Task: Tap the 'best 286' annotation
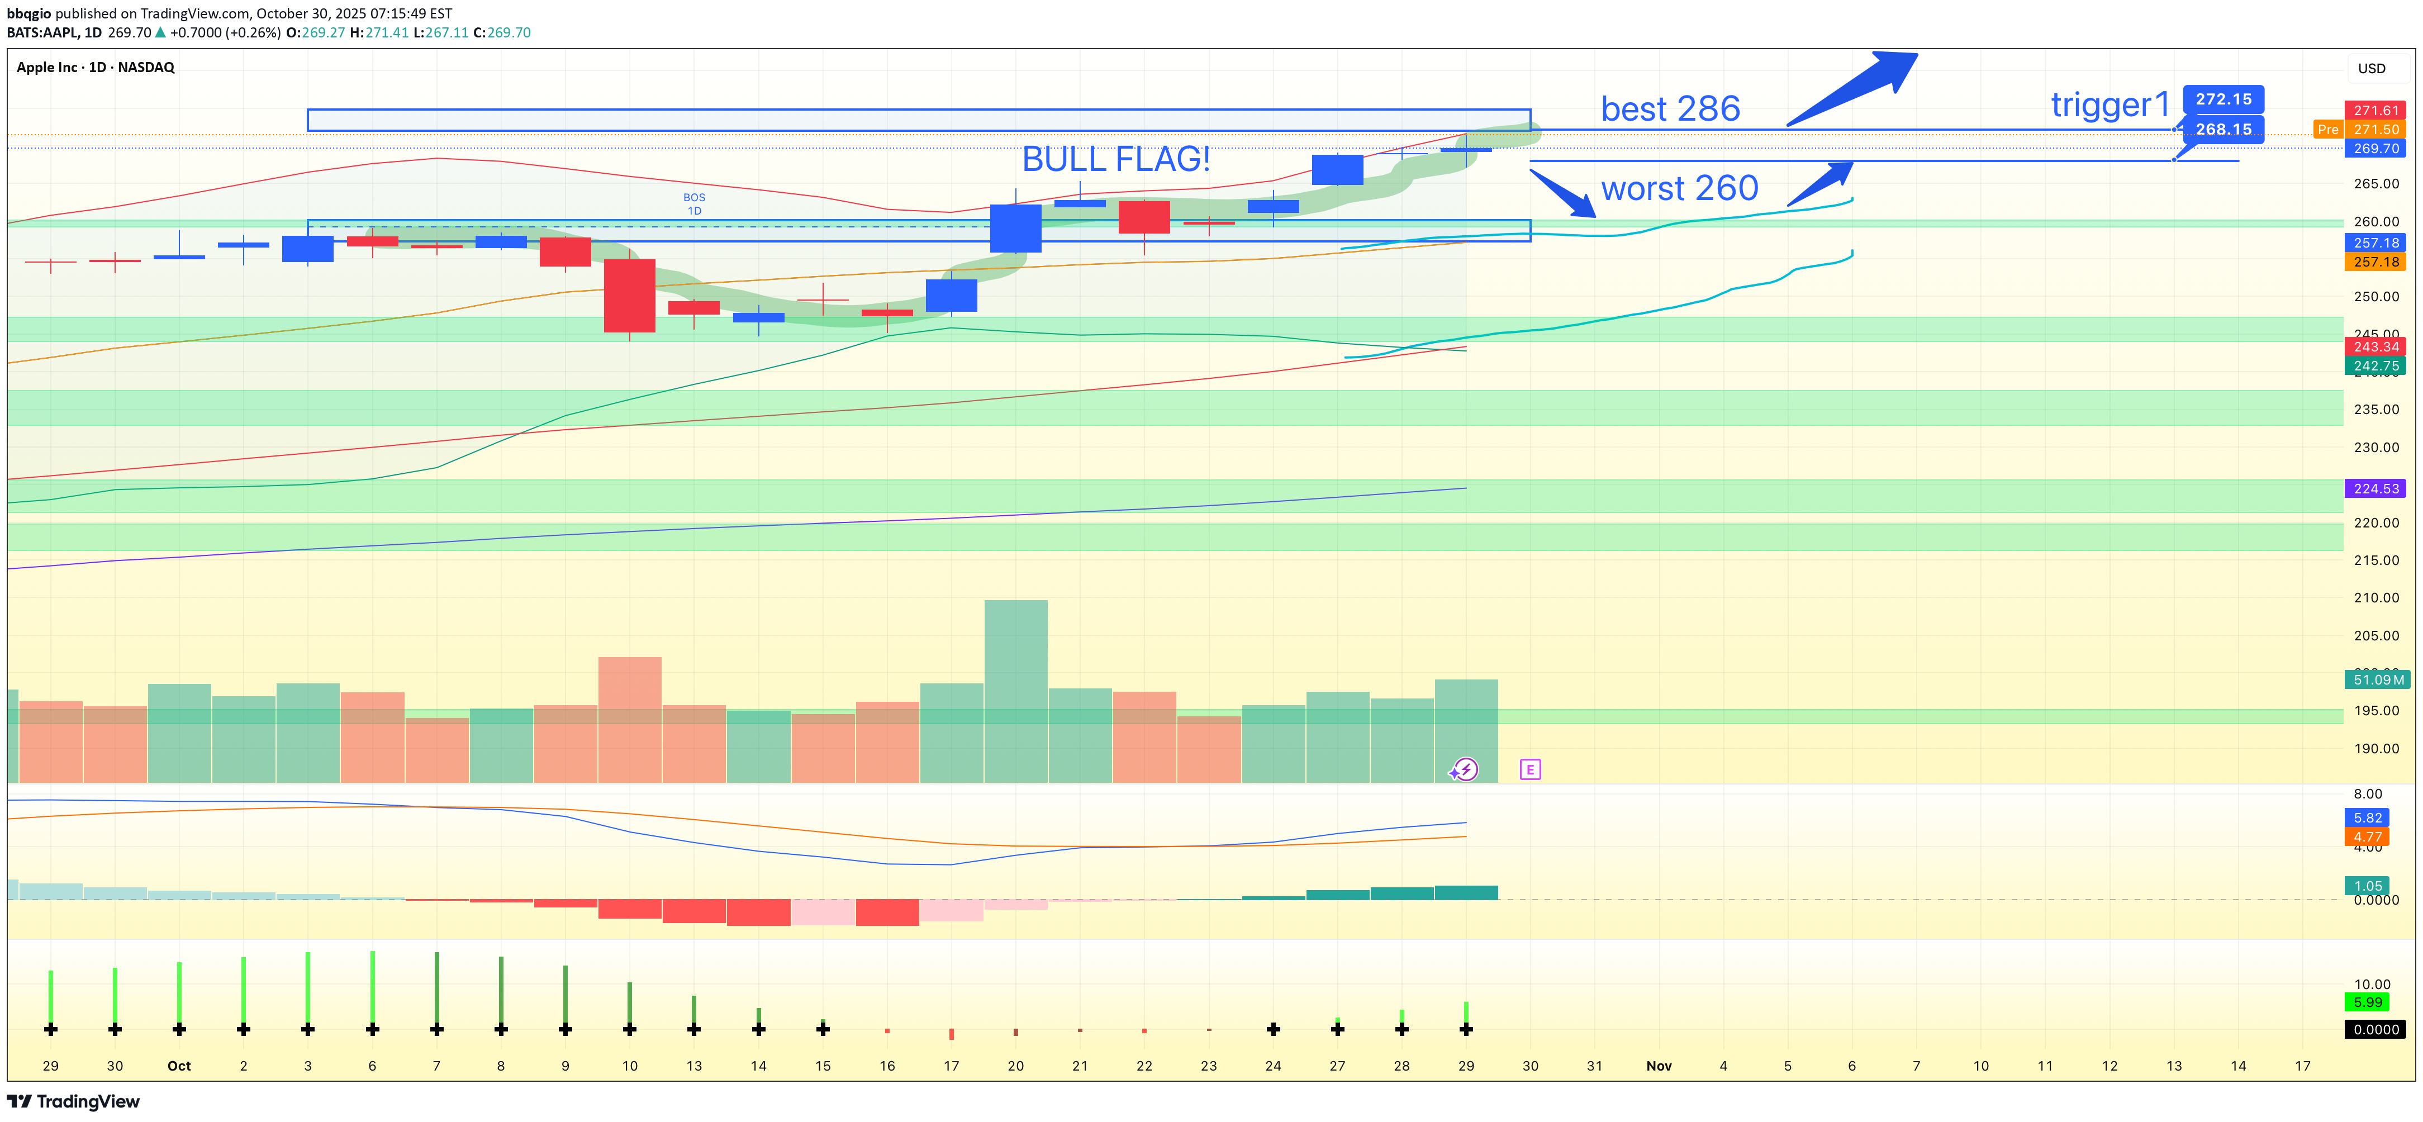pyautogui.click(x=1670, y=109)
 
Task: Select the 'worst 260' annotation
pyautogui.click(x=1679, y=188)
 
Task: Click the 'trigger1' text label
pyautogui.click(x=2110, y=104)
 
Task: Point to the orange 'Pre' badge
pyautogui.click(x=2327, y=130)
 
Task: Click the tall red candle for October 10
pyautogui.click(x=629, y=296)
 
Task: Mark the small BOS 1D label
pyautogui.click(x=694, y=204)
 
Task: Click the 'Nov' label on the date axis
pyautogui.click(x=1659, y=1066)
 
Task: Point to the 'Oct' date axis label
pyautogui.click(x=179, y=1066)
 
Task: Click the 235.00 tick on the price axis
pyautogui.click(x=2376, y=409)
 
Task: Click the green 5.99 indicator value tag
pyautogui.click(x=2368, y=1002)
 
